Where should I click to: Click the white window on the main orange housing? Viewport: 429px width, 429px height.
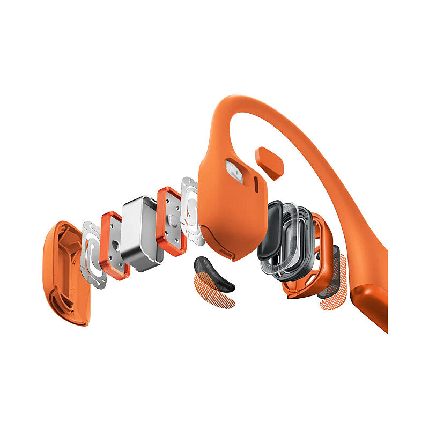tap(235, 170)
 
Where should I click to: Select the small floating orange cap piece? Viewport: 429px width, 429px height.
tap(270, 161)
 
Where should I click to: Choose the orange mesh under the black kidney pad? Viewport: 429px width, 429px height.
tap(214, 292)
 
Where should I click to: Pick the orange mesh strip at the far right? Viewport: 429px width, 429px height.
tap(335, 292)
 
